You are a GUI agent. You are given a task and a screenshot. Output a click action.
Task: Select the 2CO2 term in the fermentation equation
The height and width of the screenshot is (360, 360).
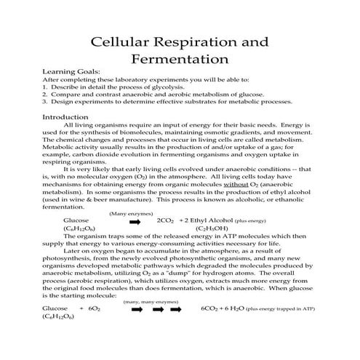point(166,220)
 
